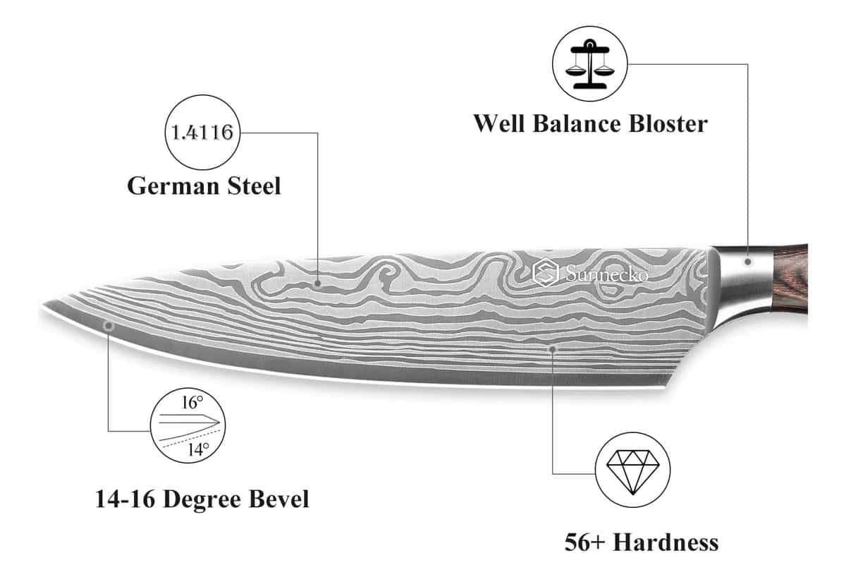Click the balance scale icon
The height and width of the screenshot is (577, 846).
coord(590,64)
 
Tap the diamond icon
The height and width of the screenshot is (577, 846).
coord(632,472)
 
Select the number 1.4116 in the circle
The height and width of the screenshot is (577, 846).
coord(202,132)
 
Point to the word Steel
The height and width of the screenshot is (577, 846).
coord(255,186)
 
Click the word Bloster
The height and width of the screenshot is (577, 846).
coord(668,123)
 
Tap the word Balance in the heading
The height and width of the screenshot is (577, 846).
coord(577,123)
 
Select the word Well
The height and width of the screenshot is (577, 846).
coord(499,123)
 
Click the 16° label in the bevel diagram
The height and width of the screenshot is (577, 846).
coord(192,403)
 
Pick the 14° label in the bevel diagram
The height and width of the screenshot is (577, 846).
coord(198,449)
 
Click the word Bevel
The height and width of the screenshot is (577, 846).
coord(278,499)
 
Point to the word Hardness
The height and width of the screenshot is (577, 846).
coord(666,542)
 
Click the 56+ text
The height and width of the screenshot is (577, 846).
coord(584,542)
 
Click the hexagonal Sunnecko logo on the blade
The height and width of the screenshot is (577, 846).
coord(546,272)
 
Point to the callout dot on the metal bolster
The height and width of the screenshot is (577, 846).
coord(748,262)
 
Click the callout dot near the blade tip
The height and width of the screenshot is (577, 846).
coord(109,325)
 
